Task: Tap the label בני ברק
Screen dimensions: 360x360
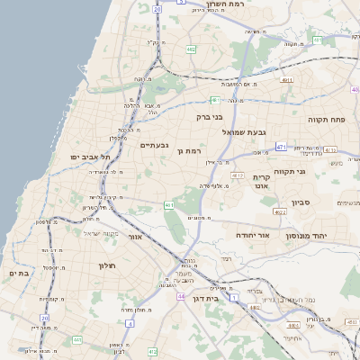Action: coord(208,116)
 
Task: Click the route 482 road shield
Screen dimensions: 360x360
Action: coord(191,49)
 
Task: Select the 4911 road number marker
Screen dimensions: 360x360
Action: coord(286,80)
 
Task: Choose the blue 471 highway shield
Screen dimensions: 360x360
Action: coord(281,147)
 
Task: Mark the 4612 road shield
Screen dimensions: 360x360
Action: coord(238,175)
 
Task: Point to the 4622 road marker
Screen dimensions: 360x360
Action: coord(280,212)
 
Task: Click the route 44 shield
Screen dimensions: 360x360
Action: coord(180,295)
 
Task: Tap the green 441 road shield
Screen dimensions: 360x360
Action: coord(167,205)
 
